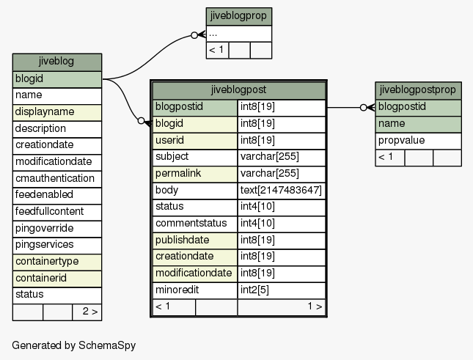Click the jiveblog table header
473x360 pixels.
point(57,62)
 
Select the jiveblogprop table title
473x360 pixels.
point(238,16)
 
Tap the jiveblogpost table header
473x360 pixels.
point(238,90)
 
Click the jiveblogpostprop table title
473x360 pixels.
point(418,90)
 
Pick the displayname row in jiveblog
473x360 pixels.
point(57,112)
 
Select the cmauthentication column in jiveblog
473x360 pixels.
point(57,179)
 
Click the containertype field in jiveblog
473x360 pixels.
point(57,262)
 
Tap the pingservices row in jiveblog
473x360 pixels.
point(57,246)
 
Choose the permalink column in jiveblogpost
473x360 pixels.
point(195,174)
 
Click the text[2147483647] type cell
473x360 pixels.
point(281,191)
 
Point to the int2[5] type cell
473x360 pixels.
point(281,290)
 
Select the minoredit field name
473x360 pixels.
point(177,290)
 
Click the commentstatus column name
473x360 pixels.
point(191,224)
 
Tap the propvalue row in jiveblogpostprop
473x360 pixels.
point(418,141)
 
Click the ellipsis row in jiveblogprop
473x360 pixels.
point(238,34)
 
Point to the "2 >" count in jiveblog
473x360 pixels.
point(90,312)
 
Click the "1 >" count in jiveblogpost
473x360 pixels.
point(315,306)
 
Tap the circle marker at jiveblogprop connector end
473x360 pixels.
point(194,35)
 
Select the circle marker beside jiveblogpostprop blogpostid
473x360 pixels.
point(364,107)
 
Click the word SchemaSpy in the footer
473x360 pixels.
point(107,345)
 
